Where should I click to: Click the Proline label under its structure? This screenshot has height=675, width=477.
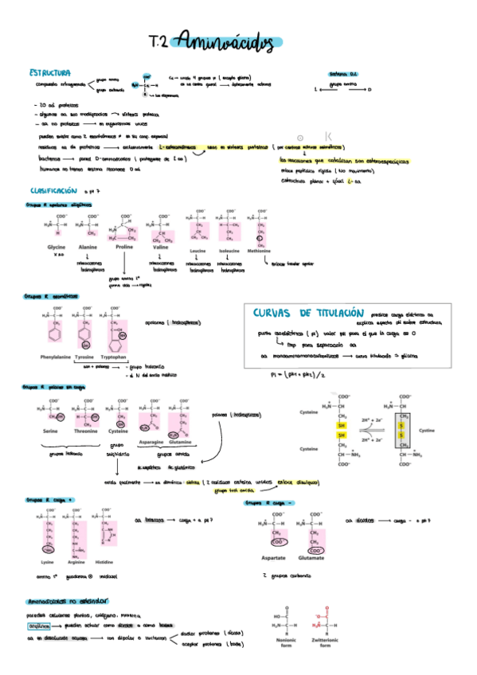pyautogui.click(x=124, y=248)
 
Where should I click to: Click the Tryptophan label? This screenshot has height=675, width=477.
pyautogui.click(x=117, y=357)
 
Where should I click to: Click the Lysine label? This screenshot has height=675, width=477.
pyautogui.click(x=47, y=562)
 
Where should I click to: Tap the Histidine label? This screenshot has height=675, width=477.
pyautogui.click(x=109, y=562)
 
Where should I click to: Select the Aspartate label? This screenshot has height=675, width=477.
pyautogui.click(x=273, y=559)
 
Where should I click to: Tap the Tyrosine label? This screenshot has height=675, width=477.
pyautogui.click(x=84, y=357)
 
